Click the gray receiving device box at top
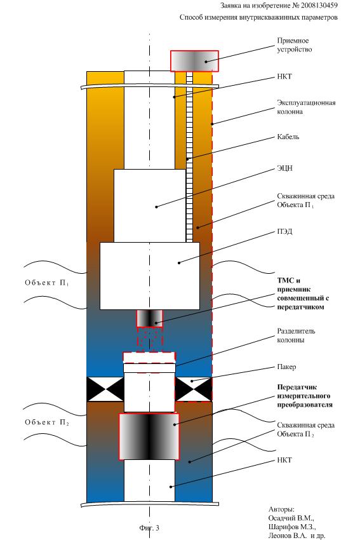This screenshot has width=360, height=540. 194,61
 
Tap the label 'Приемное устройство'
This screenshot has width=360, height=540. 294,45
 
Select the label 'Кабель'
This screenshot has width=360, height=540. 288,137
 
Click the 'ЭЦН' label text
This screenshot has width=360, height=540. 284,168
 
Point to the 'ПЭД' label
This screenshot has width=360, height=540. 284,231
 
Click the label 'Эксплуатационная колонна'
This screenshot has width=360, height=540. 306,107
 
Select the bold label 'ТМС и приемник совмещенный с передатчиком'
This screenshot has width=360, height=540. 303,294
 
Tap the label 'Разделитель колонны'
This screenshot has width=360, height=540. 296,335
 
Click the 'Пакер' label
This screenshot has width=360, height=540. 286,367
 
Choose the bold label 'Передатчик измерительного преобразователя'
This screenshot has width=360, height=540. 305,396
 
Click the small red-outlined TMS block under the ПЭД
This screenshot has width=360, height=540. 150,318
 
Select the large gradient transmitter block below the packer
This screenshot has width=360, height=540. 149,436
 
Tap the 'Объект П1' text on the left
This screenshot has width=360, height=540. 47,283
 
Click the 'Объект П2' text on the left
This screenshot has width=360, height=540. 47,422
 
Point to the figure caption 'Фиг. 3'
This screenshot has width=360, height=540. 149,527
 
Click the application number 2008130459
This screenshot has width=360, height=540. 319,5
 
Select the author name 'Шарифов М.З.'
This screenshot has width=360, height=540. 292,527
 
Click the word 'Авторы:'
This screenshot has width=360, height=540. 281,510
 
